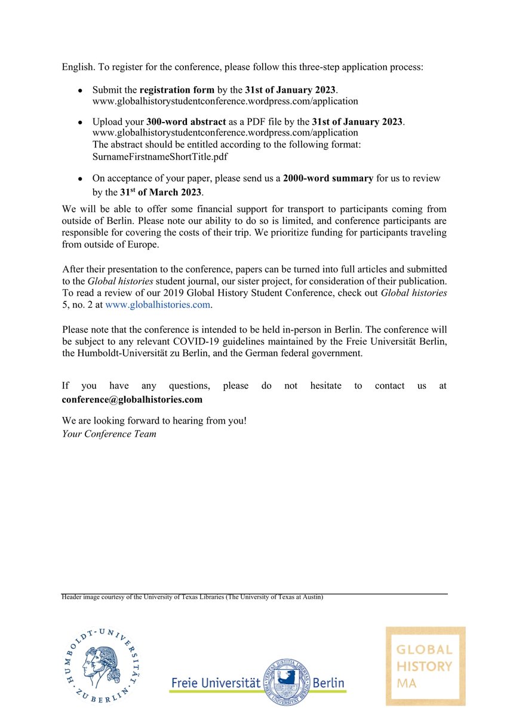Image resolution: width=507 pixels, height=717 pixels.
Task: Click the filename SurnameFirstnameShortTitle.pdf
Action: tap(160, 157)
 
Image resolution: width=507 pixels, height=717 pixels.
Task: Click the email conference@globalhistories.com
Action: tap(132, 399)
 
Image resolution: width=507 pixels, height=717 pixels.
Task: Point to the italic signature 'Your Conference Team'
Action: tap(109, 434)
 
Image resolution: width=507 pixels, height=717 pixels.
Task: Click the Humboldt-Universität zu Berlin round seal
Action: tap(103, 664)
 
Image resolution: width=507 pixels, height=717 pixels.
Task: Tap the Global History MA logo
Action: tap(425, 666)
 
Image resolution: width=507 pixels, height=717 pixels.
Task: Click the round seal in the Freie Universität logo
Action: tap(287, 681)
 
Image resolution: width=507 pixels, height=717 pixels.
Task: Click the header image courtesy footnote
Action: tap(192, 597)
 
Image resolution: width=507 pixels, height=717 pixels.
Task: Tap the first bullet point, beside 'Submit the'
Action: tap(80, 91)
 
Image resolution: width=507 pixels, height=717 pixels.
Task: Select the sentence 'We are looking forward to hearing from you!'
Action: tap(154, 421)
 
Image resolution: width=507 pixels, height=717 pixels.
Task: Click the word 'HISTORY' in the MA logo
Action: tap(425, 666)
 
